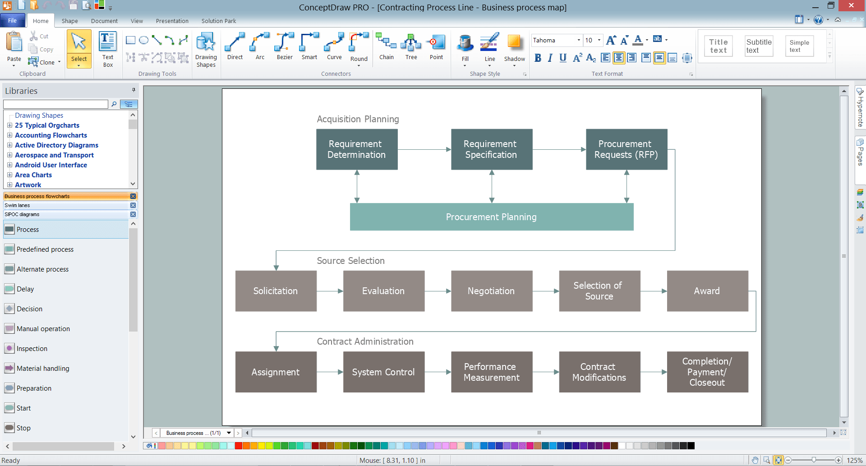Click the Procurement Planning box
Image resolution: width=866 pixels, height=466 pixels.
(x=492, y=217)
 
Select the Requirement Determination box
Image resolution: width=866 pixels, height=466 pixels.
(x=357, y=149)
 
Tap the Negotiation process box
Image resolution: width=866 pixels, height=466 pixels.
(x=492, y=291)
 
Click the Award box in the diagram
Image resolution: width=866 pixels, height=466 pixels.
(x=707, y=291)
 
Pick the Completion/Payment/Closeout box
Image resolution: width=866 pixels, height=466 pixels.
(x=707, y=372)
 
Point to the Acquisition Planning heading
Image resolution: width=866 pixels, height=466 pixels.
(x=358, y=119)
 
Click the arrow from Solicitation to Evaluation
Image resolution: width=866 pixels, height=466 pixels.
(x=330, y=291)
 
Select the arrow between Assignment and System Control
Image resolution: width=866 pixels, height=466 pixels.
(x=330, y=372)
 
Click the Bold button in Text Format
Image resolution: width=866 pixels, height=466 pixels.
(x=538, y=58)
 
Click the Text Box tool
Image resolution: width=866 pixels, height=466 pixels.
(x=108, y=49)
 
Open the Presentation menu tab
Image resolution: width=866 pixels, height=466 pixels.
(x=172, y=21)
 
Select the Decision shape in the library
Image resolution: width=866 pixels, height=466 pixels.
(x=29, y=309)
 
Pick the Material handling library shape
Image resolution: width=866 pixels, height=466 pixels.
(x=43, y=369)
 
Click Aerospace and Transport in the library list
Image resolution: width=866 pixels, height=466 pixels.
(x=54, y=155)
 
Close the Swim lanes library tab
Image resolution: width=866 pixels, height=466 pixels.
(x=133, y=205)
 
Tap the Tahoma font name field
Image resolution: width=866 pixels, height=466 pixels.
(x=553, y=40)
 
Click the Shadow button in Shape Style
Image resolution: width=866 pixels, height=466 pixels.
(x=514, y=49)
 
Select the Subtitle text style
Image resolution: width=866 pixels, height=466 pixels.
(x=759, y=46)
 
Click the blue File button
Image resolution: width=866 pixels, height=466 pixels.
(x=13, y=21)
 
